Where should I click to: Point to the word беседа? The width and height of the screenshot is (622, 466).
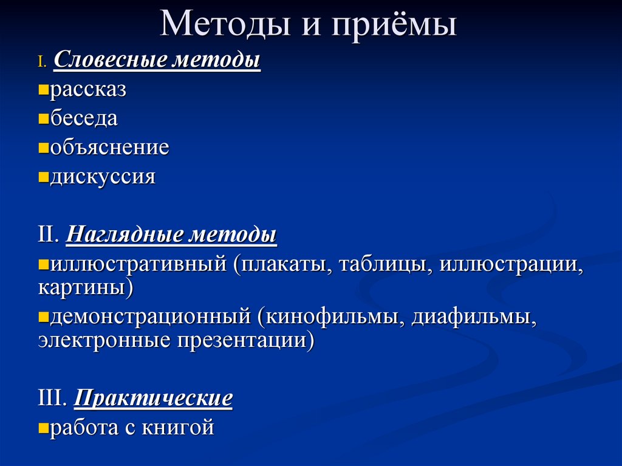84,118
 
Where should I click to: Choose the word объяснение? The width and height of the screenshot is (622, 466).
109,148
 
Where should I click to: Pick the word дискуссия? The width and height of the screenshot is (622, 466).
103,177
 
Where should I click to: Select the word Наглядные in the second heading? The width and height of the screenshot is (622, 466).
125,235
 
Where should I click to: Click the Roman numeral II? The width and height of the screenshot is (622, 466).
48,235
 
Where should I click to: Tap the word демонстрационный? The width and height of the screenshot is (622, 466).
151,317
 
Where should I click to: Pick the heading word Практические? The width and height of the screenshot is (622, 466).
153,399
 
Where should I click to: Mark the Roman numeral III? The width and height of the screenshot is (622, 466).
52,399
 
